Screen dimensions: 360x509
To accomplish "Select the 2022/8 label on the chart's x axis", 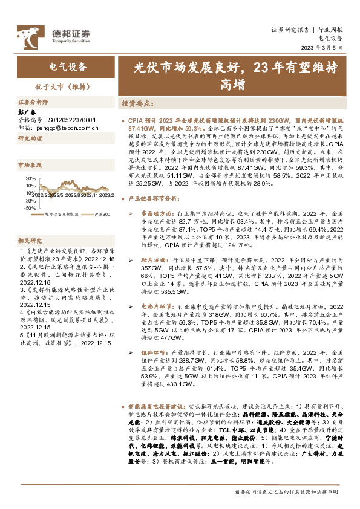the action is click(72, 194).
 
